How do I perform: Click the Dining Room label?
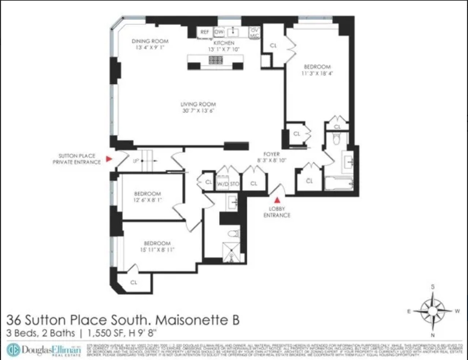click(150, 41)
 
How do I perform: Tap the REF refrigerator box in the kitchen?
click(205, 32)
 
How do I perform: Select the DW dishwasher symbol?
click(219, 32)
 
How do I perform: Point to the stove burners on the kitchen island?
click(215, 60)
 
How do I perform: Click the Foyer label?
click(271, 154)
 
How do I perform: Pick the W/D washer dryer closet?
click(223, 184)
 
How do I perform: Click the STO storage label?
click(235, 184)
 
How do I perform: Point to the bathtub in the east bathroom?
click(339, 184)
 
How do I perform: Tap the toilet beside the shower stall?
click(233, 234)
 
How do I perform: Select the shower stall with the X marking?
click(232, 253)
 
